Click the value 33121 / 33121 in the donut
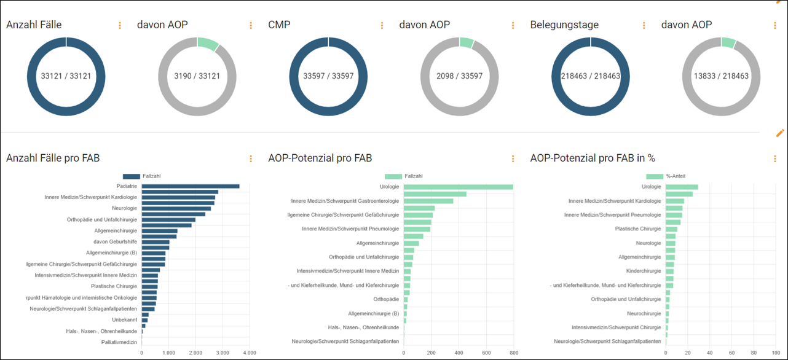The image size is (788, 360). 66,77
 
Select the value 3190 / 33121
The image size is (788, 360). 197,77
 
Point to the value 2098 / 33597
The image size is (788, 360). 459,77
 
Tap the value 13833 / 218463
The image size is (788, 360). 721,77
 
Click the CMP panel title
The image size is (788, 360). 280,25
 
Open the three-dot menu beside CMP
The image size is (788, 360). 382,26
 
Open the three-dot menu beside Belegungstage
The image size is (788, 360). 644,26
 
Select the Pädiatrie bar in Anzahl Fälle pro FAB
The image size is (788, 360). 191,186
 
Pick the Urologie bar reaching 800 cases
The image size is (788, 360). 458,187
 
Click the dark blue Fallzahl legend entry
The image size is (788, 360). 141,176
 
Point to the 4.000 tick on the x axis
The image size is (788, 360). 250,353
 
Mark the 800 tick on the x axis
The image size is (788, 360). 513,353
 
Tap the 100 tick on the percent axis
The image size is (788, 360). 772,353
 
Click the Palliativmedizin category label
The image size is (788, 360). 119,342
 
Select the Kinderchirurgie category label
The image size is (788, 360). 643,271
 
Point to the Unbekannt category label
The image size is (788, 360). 124,320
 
